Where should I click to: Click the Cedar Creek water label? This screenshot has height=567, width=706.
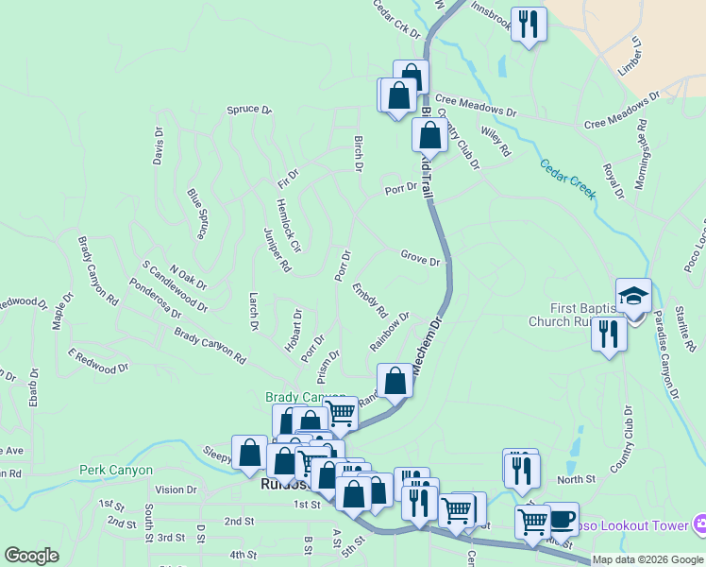tap(568, 178)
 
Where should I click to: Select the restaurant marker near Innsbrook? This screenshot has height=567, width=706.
tap(529, 26)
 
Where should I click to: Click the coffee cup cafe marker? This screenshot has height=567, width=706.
tap(561, 520)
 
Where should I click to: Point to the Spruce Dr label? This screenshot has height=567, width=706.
tap(248, 110)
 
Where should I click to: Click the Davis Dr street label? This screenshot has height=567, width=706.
tap(159, 146)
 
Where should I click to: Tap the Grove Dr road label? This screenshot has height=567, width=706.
tap(420, 258)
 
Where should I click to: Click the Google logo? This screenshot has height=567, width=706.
tap(31, 556)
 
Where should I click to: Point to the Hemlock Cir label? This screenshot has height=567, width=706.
tap(288, 226)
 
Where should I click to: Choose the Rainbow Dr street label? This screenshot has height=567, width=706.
tap(390, 331)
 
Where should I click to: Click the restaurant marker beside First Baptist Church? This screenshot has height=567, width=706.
tap(609, 335)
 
